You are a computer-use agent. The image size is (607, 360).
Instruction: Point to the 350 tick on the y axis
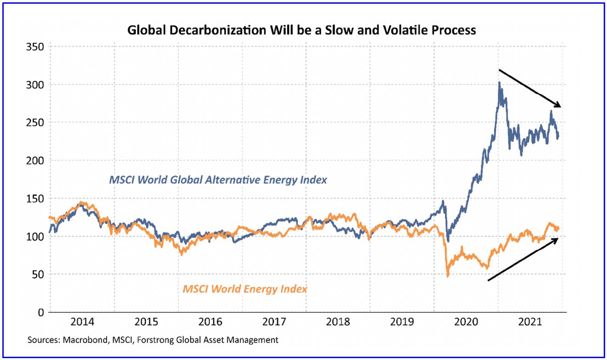[35, 47]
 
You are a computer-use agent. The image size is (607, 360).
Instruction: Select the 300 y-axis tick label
[35, 85]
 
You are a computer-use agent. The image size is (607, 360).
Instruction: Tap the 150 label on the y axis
[35, 199]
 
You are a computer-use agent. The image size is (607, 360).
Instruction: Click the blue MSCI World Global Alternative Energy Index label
[218, 180]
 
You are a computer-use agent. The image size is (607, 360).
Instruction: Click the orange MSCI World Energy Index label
[245, 289]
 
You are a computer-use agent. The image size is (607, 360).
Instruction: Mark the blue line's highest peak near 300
[499, 83]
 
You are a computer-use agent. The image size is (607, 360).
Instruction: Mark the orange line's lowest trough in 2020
[447, 276]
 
